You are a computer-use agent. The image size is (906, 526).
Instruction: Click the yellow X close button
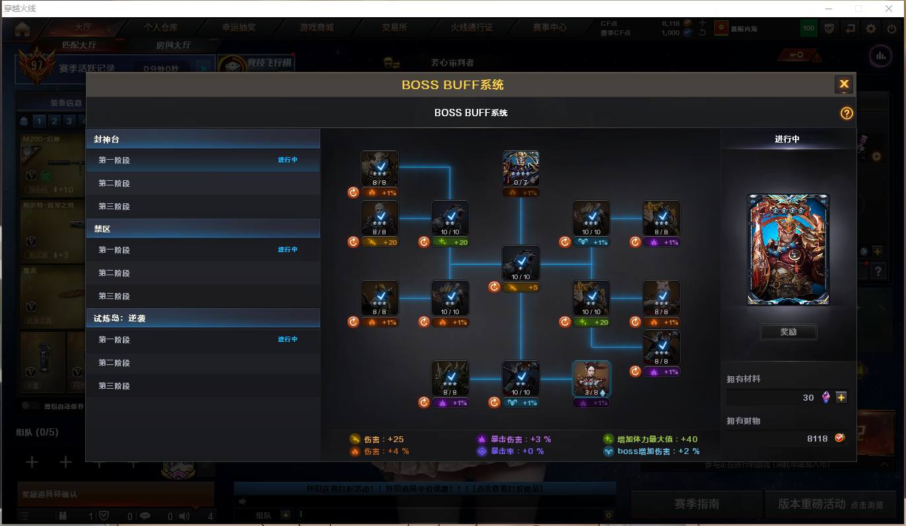[844, 84]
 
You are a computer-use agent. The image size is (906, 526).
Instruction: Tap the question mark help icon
[847, 113]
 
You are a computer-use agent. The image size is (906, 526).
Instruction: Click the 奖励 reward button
[788, 332]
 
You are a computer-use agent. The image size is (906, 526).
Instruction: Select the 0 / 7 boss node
[520, 169]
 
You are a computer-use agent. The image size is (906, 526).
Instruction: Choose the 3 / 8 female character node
[591, 379]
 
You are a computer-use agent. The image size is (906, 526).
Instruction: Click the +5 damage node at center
[520, 264]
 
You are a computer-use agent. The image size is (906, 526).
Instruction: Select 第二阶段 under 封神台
[114, 183]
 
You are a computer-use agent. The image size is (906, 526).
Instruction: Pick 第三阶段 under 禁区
[114, 296]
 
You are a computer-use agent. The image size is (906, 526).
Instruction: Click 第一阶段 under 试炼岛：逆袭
[114, 340]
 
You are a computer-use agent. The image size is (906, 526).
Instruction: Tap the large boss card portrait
[788, 250]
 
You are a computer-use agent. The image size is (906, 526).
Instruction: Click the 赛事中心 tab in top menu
[549, 28]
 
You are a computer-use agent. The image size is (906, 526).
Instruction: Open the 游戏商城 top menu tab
[316, 28]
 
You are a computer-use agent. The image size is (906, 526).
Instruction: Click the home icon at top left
[22, 28]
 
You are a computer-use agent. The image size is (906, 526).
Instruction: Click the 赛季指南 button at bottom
[696, 504]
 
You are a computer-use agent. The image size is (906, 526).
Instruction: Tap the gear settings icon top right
[871, 28]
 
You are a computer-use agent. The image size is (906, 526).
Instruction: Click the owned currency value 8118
[817, 438]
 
